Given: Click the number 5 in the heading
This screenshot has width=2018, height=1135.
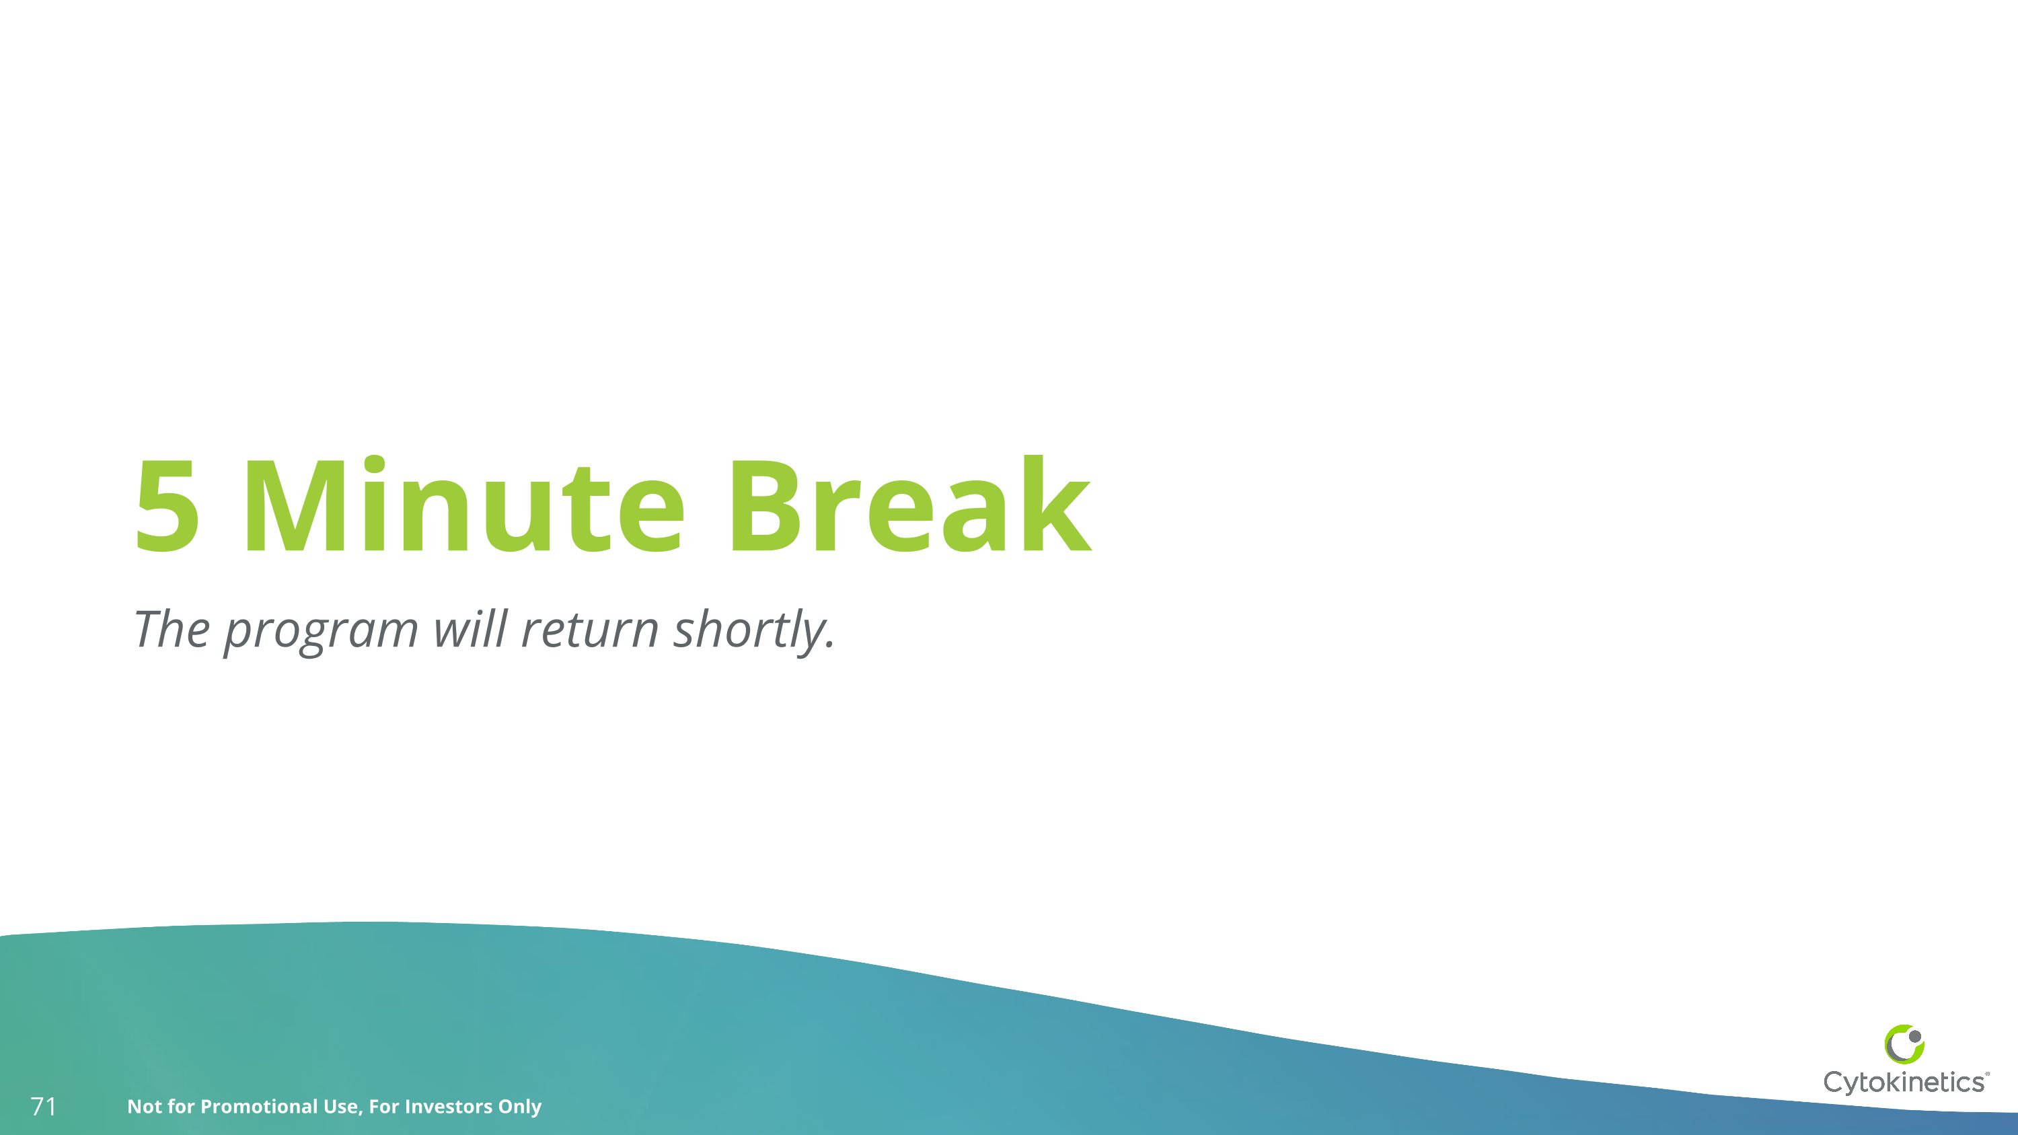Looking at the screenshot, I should [167, 507].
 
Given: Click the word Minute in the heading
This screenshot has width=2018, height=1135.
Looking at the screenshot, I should [462, 507].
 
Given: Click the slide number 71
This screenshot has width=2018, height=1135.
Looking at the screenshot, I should [43, 1107].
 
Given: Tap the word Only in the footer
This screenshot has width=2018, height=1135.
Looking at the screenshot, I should [519, 1107].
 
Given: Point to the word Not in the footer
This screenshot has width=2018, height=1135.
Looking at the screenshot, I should [144, 1107].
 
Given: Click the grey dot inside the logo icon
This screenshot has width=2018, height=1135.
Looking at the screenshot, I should [1914, 1036].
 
